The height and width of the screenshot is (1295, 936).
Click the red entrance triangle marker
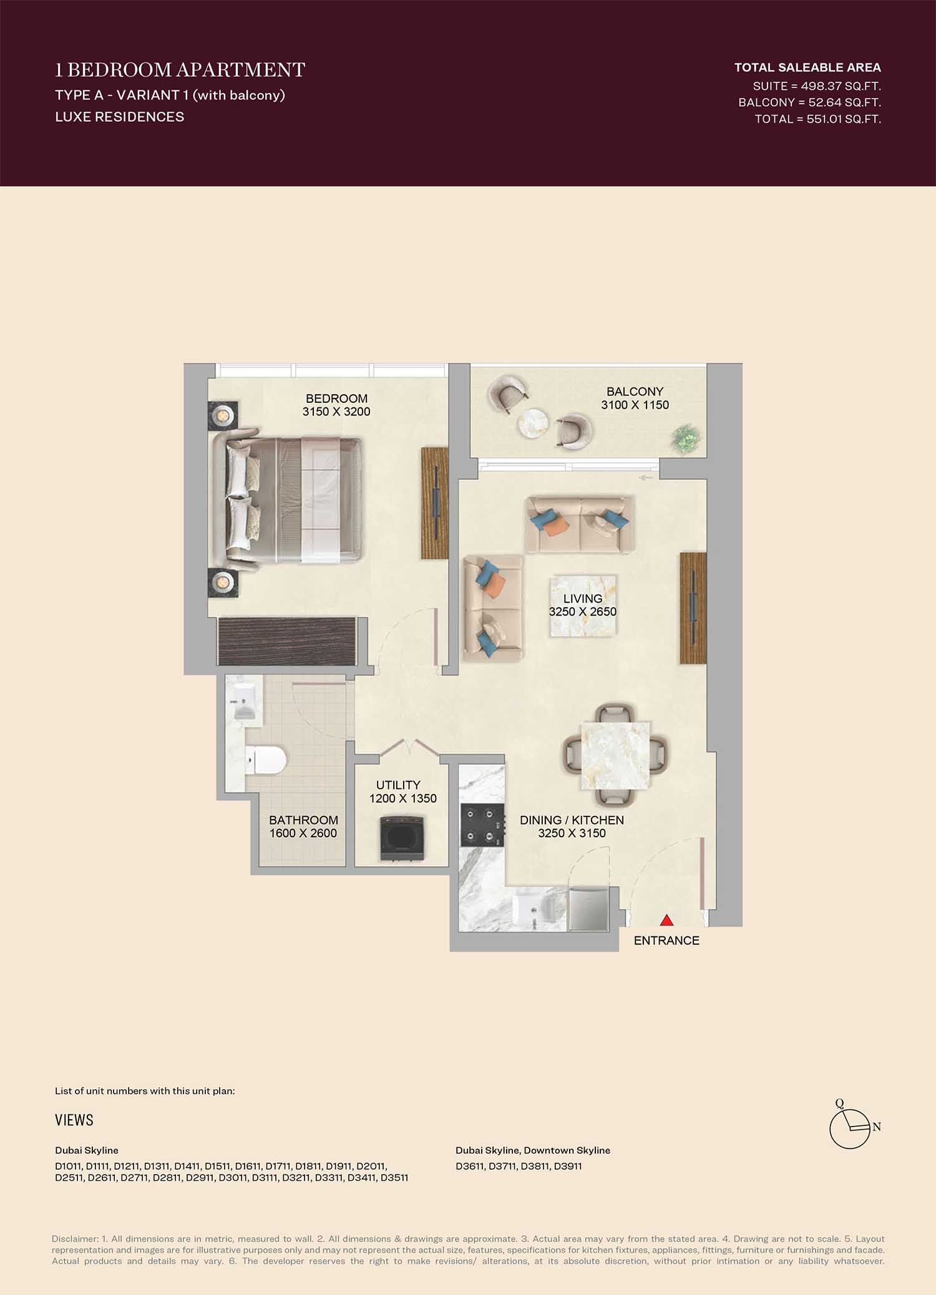click(667, 920)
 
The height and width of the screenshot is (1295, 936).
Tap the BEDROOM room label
click(336, 399)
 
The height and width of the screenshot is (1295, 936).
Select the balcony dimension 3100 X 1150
click(635, 405)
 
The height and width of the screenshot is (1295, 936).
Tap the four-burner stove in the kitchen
click(482, 825)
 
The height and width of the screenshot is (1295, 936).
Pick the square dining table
click(615, 755)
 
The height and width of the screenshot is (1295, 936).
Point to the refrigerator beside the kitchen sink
click(588, 909)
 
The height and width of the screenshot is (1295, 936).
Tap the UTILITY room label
click(398, 785)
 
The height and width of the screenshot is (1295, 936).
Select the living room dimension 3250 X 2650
click(583, 612)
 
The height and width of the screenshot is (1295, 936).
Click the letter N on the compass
click(877, 1127)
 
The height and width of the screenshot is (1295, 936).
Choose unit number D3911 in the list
click(568, 1166)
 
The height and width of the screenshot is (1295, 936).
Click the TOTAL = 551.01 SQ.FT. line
click(818, 119)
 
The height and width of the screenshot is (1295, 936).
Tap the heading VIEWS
click(74, 1120)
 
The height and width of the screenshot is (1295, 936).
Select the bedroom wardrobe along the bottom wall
click(287, 643)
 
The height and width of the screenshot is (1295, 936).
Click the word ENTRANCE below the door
click(666, 941)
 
